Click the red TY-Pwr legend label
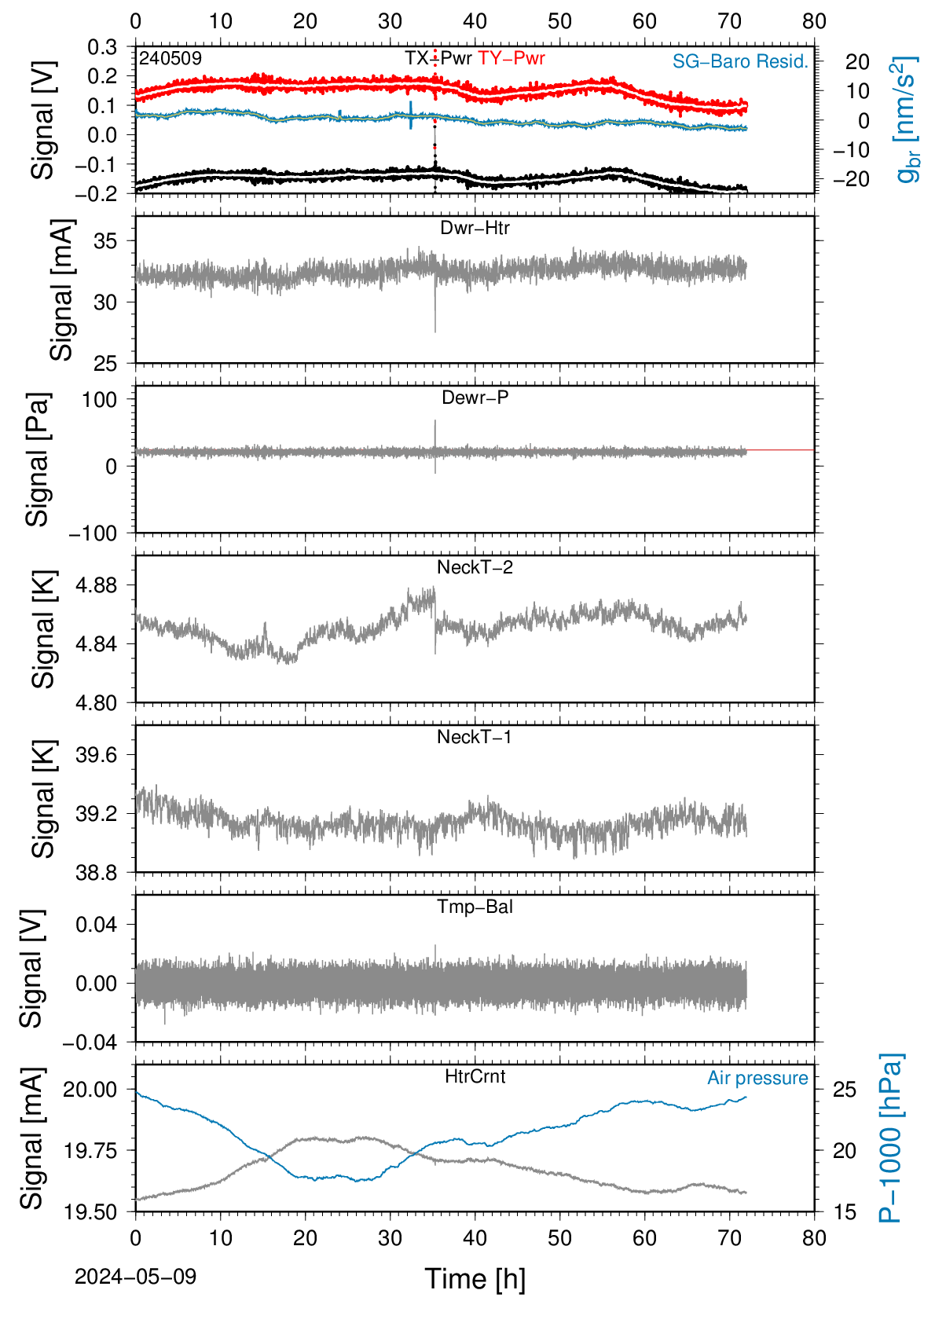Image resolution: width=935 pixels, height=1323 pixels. (x=511, y=58)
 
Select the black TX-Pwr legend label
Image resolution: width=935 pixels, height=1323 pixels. (x=438, y=58)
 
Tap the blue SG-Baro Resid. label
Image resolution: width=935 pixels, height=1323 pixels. (x=740, y=61)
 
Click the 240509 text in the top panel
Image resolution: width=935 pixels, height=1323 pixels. (x=170, y=58)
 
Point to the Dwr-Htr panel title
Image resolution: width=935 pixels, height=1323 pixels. (x=475, y=228)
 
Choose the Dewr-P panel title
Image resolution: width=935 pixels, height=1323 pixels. (x=475, y=398)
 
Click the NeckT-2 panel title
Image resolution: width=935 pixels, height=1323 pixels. (x=475, y=567)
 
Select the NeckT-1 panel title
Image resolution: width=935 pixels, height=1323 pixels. (x=475, y=736)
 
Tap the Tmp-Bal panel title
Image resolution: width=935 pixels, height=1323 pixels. (x=475, y=906)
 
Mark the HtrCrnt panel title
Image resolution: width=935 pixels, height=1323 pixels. (x=475, y=1076)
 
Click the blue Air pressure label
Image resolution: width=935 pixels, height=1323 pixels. (x=757, y=1078)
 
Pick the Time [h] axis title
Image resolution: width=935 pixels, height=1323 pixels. (x=475, y=1279)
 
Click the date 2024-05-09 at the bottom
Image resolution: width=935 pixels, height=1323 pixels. (x=135, y=1277)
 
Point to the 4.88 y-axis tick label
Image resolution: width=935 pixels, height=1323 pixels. (x=97, y=585)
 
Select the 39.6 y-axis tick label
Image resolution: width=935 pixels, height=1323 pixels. (x=97, y=755)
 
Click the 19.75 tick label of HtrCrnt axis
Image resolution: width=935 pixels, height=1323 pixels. (x=90, y=1150)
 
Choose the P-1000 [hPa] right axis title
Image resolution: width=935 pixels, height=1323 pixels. (x=890, y=1138)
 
